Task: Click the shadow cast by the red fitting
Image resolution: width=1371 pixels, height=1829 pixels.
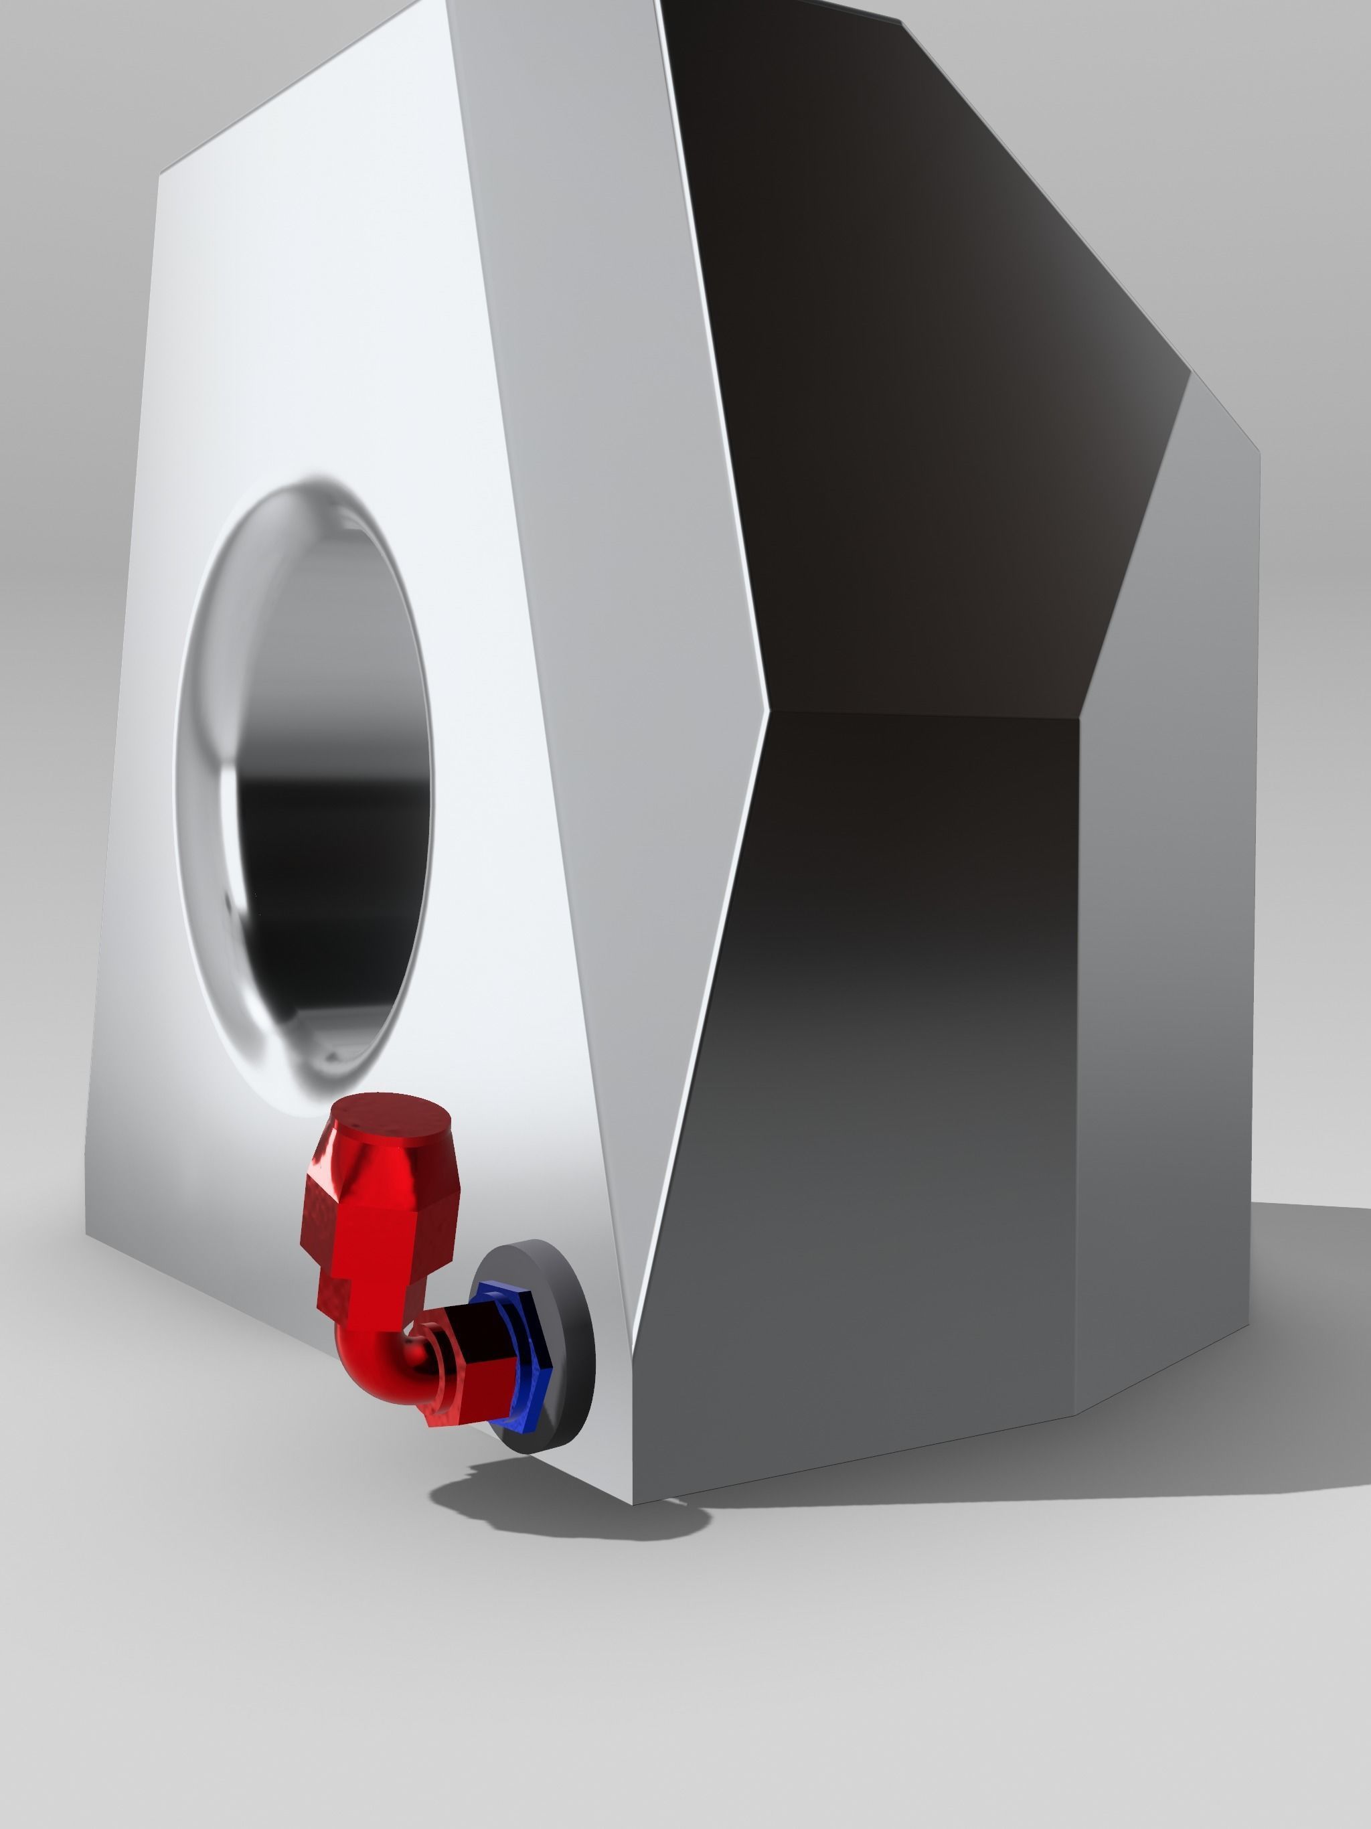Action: coord(562,1505)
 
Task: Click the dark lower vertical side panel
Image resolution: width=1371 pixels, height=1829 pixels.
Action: coord(893,1075)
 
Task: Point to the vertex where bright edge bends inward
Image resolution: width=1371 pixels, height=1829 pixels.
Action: coord(767,710)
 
